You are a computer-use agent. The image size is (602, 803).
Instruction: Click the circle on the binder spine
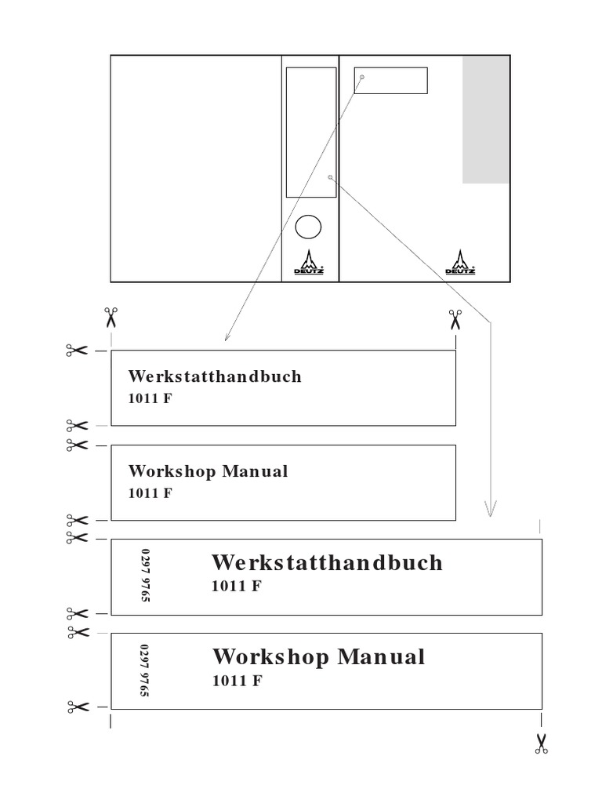click(308, 227)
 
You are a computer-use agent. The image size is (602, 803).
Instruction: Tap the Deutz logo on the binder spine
click(308, 262)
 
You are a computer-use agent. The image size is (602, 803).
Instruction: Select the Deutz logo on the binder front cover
click(460, 262)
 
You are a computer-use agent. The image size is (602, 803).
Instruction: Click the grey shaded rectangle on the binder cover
click(486, 119)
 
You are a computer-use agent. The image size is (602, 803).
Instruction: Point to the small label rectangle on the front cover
click(390, 81)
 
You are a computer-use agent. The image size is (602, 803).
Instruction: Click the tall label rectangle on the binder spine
click(311, 132)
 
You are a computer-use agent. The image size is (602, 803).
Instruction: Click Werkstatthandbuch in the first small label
click(215, 376)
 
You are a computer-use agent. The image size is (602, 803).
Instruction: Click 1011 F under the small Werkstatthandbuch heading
click(150, 398)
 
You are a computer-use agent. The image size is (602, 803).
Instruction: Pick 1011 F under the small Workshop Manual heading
click(150, 493)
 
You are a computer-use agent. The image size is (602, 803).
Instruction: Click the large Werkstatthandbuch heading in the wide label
click(327, 562)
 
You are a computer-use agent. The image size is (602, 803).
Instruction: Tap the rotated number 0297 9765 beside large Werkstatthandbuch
click(145, 576)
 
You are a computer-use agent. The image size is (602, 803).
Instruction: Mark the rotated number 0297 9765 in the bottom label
click(145, 670)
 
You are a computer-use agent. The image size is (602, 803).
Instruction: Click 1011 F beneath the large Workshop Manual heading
click(237, 681)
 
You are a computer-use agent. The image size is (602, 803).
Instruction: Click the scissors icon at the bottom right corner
click(541, 743)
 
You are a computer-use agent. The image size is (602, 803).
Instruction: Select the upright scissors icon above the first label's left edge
click(111, 318)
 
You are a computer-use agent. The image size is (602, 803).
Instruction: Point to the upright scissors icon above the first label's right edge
click(455, 319)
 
